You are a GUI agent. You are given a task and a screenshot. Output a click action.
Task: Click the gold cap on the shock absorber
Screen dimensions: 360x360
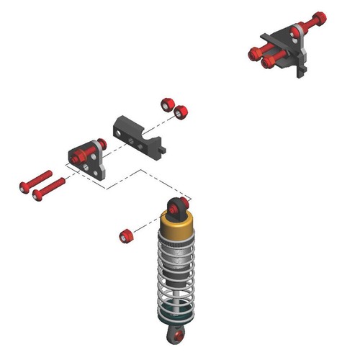(176, 232)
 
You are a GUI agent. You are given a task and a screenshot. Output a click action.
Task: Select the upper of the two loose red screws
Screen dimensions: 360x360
(35, 181)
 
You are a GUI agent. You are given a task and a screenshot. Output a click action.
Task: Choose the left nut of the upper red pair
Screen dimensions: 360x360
(167, 103)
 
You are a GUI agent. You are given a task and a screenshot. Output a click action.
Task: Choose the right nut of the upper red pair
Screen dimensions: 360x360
(181, 112)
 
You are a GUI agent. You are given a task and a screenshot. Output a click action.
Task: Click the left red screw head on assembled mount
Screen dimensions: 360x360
(254, 53)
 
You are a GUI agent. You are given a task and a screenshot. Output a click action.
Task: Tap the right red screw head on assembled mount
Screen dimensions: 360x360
(268, 62)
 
